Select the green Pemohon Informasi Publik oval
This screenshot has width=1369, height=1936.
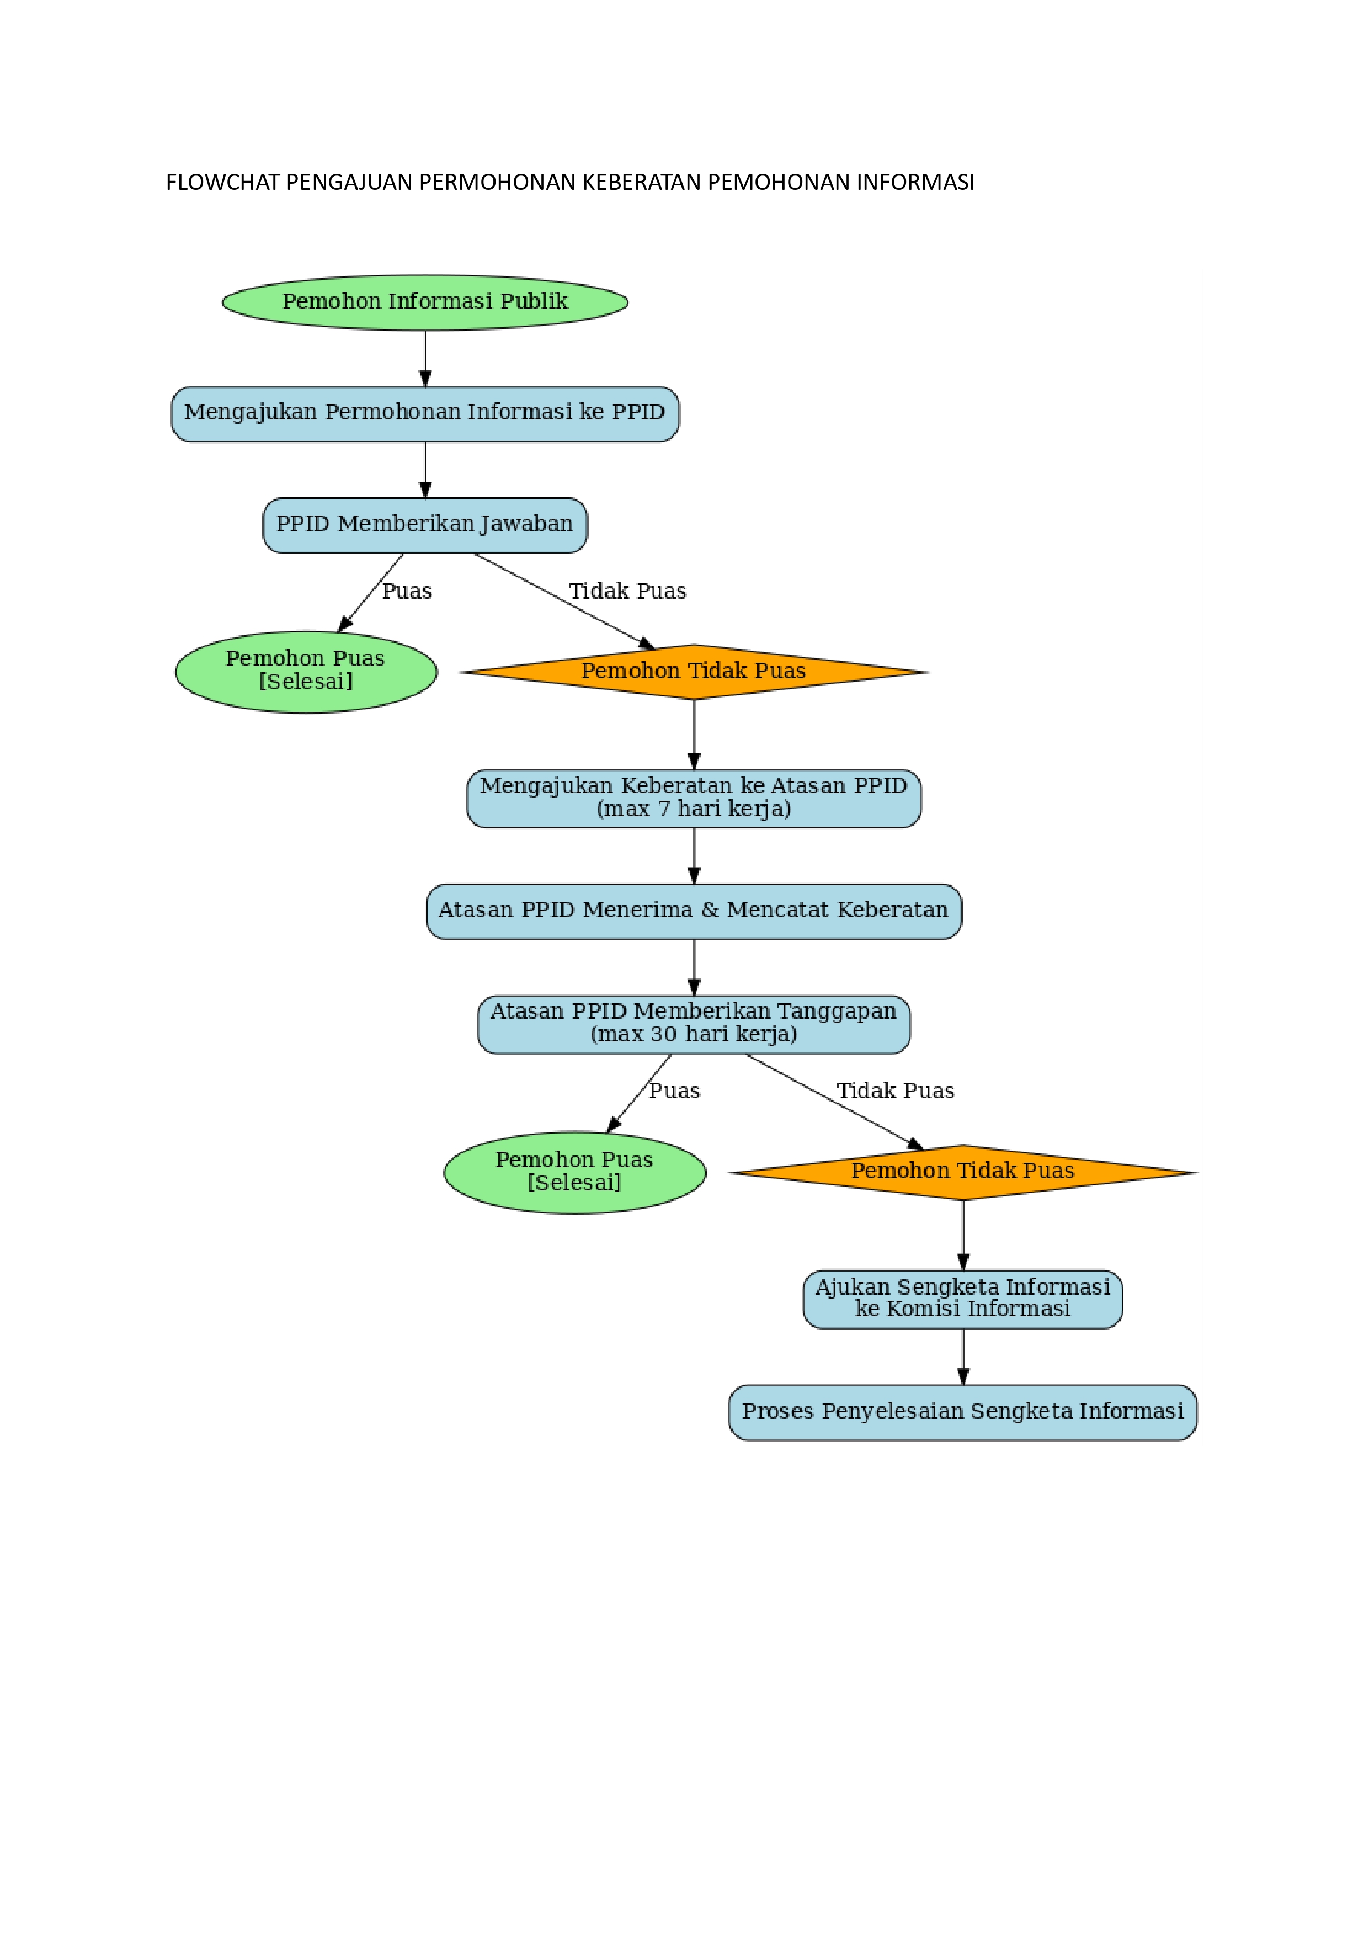coord(425,302)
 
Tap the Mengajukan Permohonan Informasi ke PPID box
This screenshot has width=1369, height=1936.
coord(425,413)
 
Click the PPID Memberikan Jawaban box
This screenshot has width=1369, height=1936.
coord(425,524)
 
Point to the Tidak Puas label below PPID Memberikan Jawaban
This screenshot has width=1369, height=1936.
coord(627,591)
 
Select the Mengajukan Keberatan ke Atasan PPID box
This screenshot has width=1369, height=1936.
coord(694,797)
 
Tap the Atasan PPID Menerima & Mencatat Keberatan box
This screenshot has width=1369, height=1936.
coord(694,911)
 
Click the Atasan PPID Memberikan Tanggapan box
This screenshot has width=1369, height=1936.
coord(694,1024)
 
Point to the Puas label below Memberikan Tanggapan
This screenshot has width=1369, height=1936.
coord(674,1091)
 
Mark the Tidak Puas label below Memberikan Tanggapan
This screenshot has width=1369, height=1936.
coord(895,1091)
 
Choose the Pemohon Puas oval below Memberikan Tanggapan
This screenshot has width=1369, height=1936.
coord(575,1172)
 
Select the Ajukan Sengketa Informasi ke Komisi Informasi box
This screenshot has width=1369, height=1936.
coord(963,1299)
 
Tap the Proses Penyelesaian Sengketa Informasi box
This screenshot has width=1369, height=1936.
coord(963,1412)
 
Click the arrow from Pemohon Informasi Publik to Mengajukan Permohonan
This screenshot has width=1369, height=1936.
coord(425,358)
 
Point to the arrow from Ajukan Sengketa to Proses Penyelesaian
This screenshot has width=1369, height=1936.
coord(963,1356)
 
